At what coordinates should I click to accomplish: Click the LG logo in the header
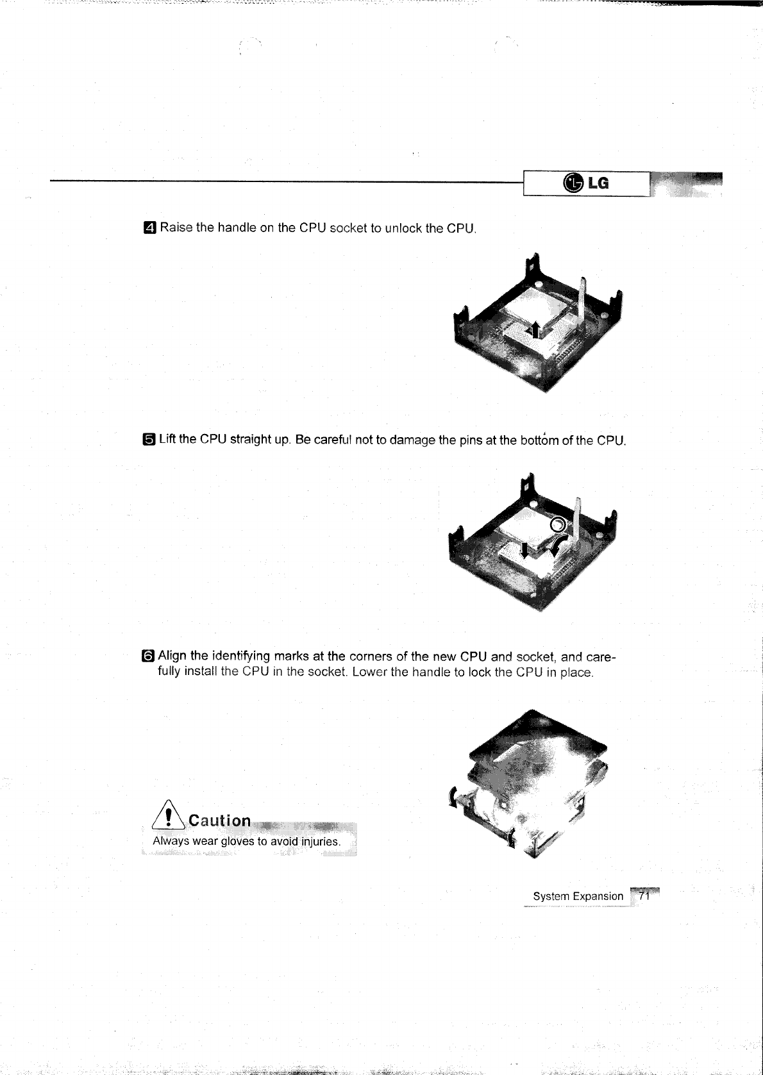pos(585,184)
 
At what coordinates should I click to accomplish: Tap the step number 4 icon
pos(149,228)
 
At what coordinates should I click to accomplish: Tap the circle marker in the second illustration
pos(558,524)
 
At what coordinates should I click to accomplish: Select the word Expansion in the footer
pos(598,896)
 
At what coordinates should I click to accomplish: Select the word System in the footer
pos(551,896)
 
